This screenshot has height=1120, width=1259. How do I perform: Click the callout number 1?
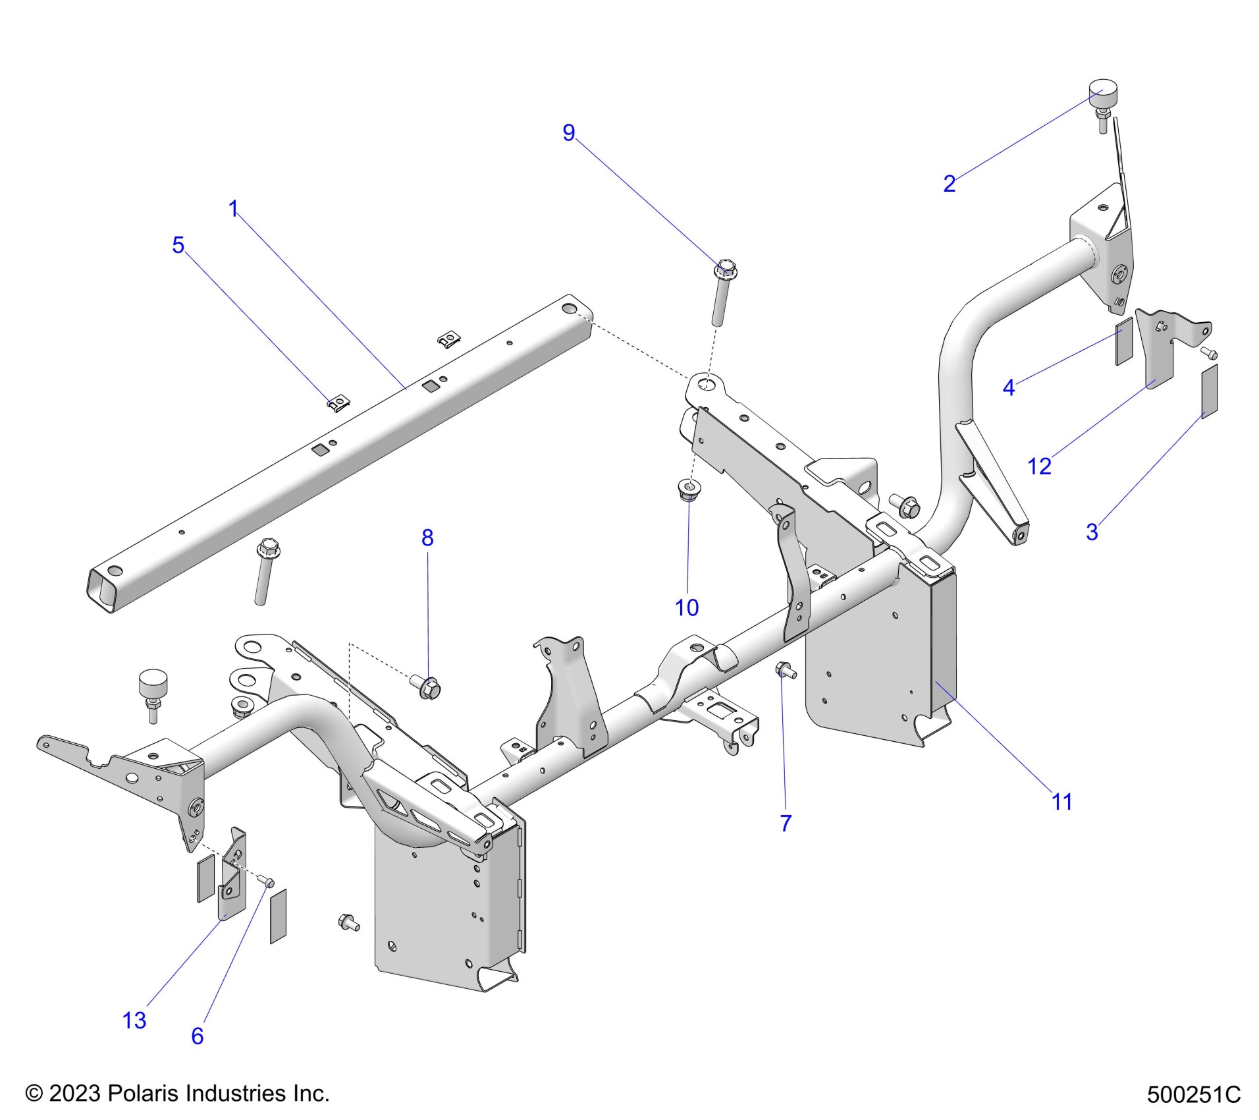(x=233, y=209)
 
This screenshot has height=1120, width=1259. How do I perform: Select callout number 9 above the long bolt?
(x=568, y=133)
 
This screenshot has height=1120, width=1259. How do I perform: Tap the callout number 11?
(x=1061, y=802)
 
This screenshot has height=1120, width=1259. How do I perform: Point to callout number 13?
(x=134, y=1021)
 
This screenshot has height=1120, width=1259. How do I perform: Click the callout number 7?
(x=785, y=823)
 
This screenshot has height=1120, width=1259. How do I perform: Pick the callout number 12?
(x=1039, y=466)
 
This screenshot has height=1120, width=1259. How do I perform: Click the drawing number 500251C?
(x=1193, y=1094)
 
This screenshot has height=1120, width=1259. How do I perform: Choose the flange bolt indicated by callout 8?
(x=428, y=688)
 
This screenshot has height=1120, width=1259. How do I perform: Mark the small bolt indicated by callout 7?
(x=786, y=671)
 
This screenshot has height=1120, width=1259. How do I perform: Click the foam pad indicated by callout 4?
(x=1124, y=341)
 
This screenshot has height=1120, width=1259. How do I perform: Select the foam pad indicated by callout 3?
(x=1210, y=391)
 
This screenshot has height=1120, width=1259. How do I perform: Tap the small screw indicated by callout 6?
(x=267, y=880)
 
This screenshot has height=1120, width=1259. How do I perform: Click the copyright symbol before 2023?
(x=34, y=1094)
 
